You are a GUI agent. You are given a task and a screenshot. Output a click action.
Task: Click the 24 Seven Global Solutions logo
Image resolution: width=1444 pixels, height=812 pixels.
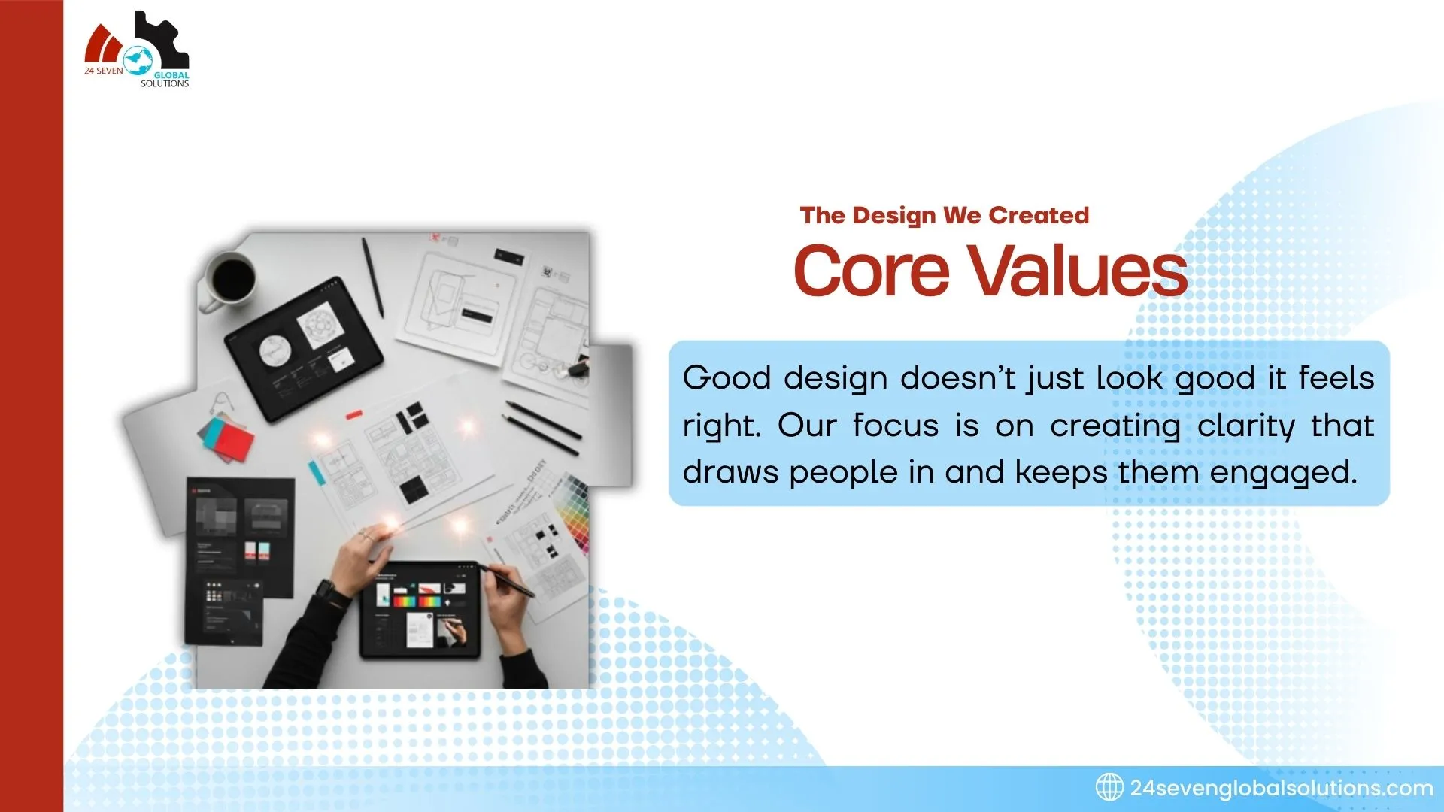tap(137, 51)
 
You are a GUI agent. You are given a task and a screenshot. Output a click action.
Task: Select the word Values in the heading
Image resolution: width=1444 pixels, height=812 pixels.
tap(1077, 271)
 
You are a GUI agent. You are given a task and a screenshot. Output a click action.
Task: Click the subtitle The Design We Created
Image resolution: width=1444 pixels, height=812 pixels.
tap(944, 216)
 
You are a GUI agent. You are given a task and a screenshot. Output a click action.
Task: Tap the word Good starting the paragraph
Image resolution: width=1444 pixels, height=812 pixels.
tap(727, 377)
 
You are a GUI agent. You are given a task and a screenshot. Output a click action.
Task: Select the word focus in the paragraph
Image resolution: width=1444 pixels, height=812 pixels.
tap(895, 426)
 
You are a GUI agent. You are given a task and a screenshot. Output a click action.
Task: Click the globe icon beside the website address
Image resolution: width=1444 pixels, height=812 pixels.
tap(1109, 787)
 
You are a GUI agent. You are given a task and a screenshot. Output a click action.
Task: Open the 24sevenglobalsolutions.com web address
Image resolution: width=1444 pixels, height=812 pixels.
tap(1281, 788)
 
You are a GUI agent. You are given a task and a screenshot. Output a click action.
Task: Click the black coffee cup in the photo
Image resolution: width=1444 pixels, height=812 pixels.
tap(230, 280)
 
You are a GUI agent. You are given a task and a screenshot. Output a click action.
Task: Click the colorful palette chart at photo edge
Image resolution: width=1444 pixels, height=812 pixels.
tap(575, 511)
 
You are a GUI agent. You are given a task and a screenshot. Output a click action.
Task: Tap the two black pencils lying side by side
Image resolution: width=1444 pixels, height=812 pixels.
tap(541, 428)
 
